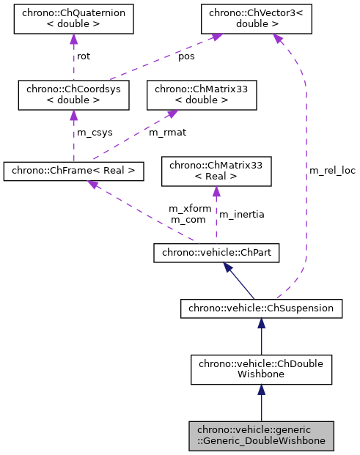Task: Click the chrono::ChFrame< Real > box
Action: (73, 171)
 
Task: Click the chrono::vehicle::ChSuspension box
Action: (261, 308)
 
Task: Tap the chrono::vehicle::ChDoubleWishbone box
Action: (261, 369)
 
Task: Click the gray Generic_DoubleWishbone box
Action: (261, 435)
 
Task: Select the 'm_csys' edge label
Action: (92, 133)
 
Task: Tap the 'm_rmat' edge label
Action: (166, 133)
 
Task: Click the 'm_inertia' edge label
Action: (242, 214)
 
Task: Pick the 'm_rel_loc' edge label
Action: (332, 171)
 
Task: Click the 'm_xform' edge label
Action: (190, 209)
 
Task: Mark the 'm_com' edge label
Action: (188, 220)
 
